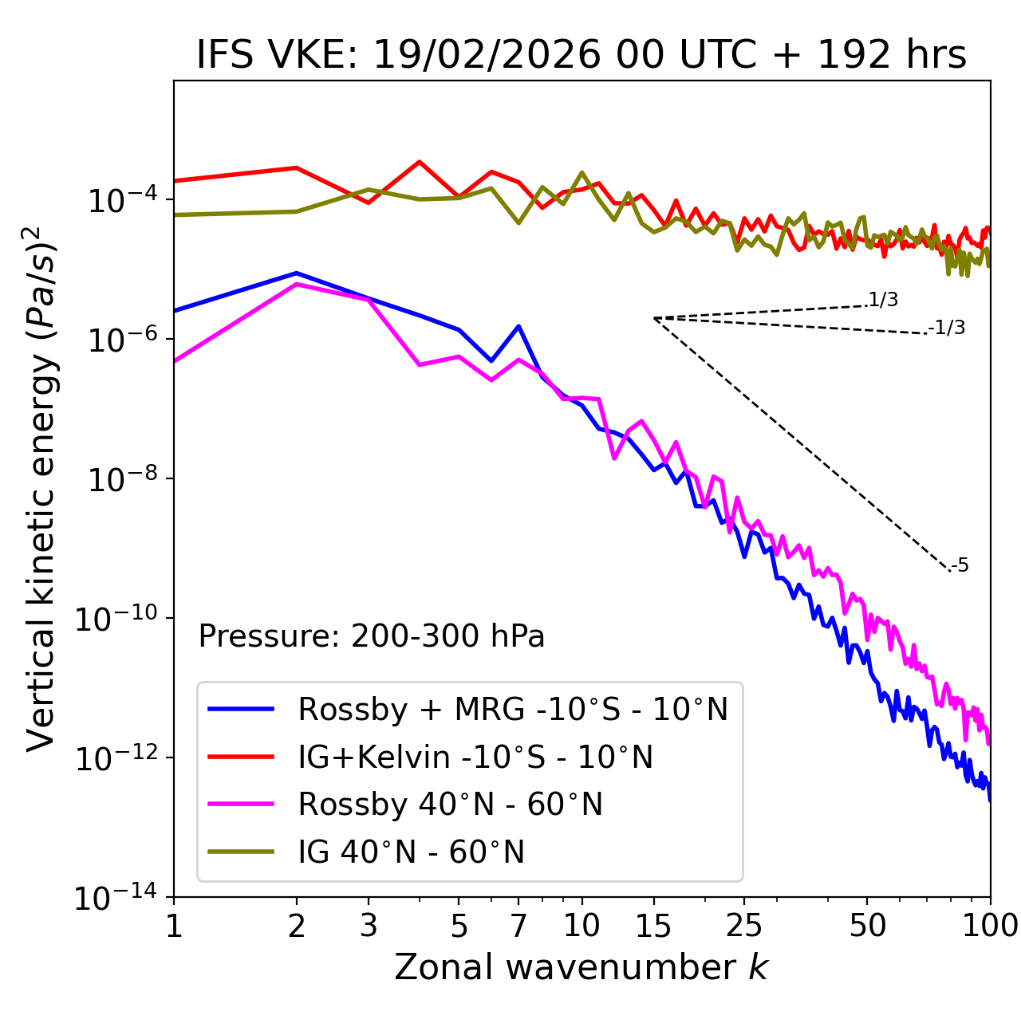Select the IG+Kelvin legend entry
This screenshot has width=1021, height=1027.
(475, 757)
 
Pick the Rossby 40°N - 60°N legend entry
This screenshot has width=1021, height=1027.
(450, 805)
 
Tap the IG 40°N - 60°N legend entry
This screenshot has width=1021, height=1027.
(411, 852)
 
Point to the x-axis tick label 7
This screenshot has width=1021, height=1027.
(518, 926)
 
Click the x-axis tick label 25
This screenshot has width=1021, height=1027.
(744, 926)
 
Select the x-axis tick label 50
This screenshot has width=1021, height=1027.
(868, 926)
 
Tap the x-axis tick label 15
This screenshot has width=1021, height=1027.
(653, 926)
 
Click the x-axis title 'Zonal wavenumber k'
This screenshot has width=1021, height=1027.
(581, 967)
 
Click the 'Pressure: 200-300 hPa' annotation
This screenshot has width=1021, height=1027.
(372, 636)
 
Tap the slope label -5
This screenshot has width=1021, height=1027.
(960, 566)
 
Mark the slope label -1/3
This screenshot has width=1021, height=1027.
(948, 328)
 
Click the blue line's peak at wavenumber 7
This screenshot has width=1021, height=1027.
(518, 326)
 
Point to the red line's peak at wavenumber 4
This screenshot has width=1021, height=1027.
(420, 162)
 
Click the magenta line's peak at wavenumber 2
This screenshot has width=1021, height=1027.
(297, 284)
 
